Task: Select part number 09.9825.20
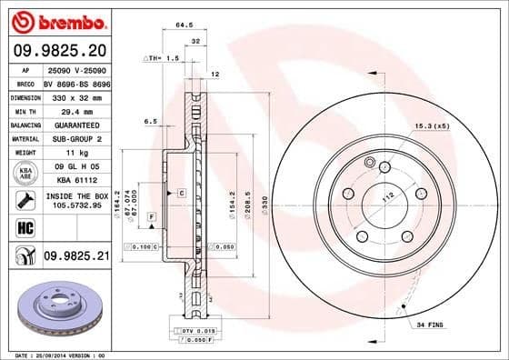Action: pos(58,49)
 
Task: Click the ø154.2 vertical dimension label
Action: pos(234,200)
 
